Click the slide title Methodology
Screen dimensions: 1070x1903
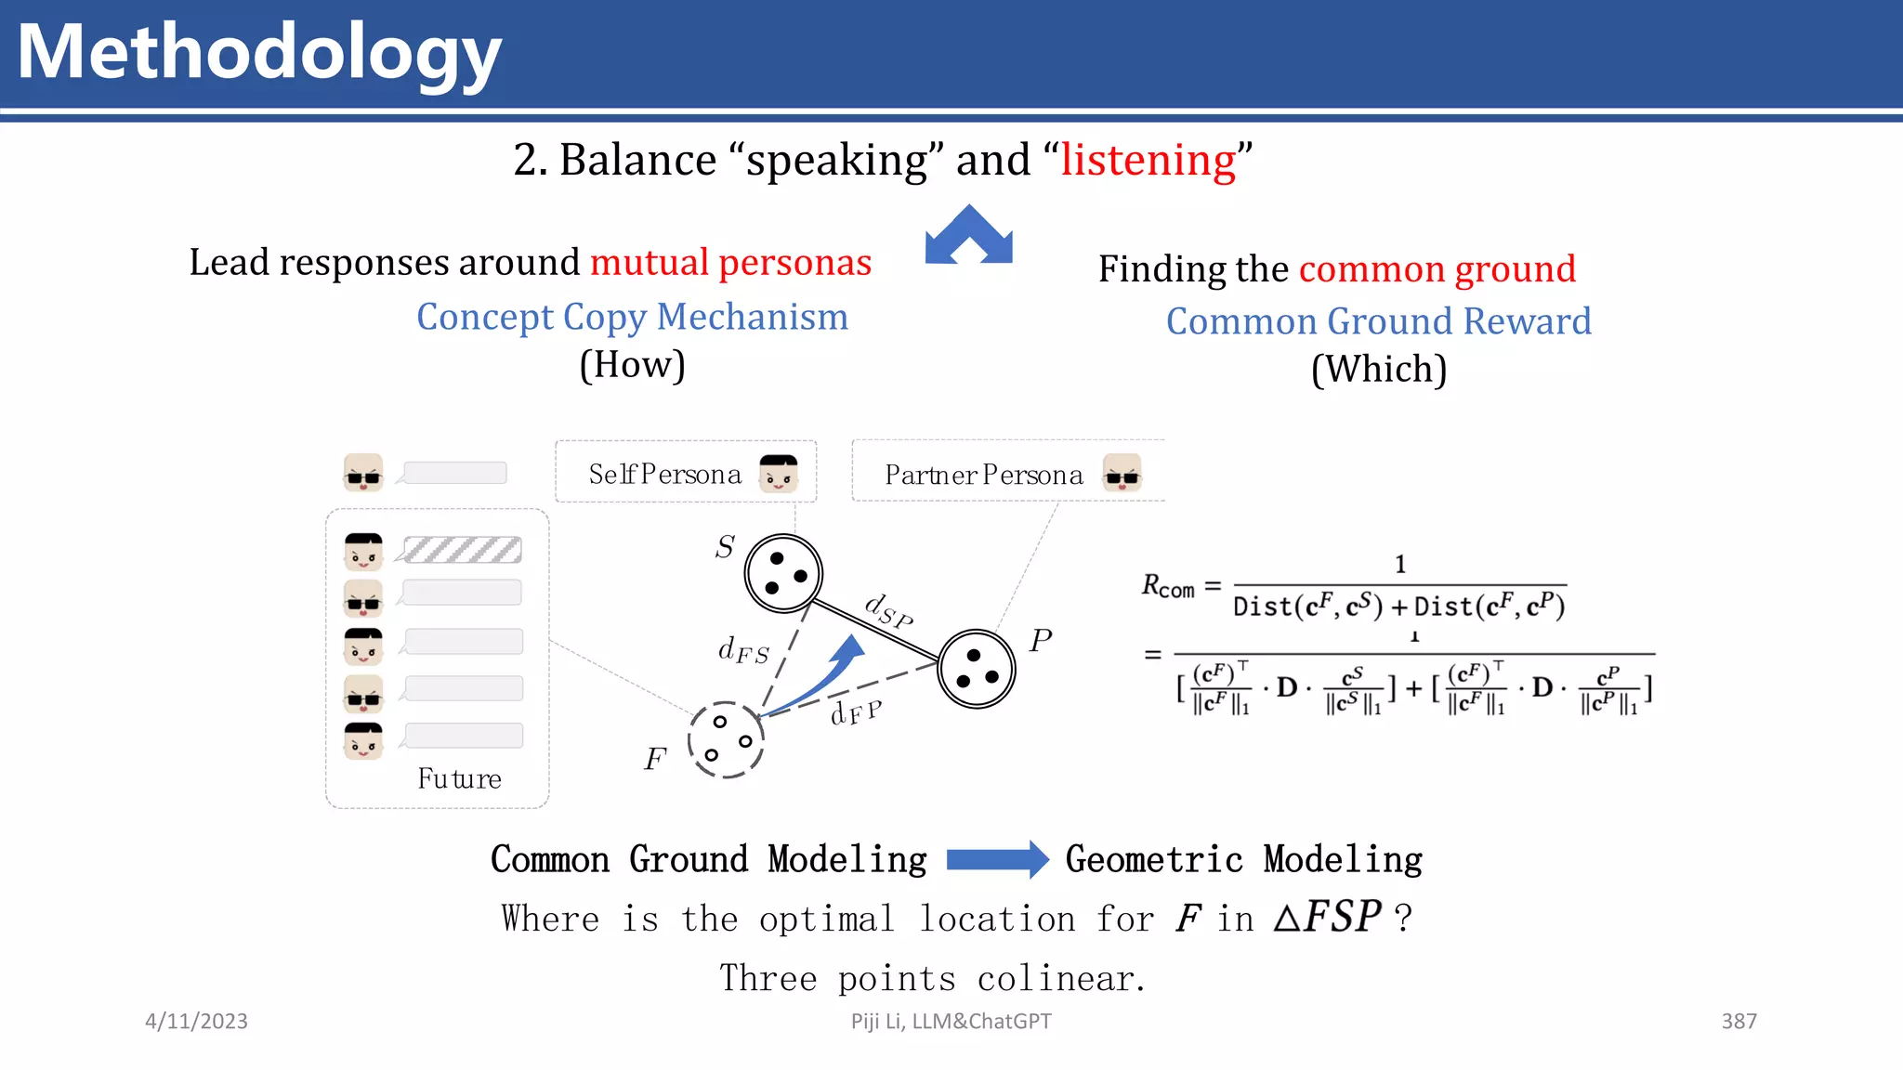point(259,54)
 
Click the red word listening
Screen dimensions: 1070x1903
point(1148,160)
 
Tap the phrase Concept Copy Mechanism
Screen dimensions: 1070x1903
point(632,317)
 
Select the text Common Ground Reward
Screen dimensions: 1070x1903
point(1378,321)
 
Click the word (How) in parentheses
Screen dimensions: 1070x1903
point(632,365)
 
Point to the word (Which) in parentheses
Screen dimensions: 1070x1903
point(1378,370)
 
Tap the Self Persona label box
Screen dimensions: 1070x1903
point(685,473)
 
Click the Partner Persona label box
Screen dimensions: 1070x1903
point(1007,473)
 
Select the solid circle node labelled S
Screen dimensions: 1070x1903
point(783,573)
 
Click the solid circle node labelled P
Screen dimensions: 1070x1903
point(976,669)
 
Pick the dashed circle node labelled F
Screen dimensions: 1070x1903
point(726,739)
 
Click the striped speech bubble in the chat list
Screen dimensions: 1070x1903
point(463,550)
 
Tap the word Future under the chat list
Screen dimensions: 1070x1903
point(459,778)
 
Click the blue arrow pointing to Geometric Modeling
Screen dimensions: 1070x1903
point(996,859)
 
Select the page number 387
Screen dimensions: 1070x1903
point(1739,1022)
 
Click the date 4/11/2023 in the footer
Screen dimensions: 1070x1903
point(196,1022)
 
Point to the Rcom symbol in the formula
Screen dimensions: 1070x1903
point(1167,587)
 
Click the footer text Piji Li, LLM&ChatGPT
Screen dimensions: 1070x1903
point(951,1022)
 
